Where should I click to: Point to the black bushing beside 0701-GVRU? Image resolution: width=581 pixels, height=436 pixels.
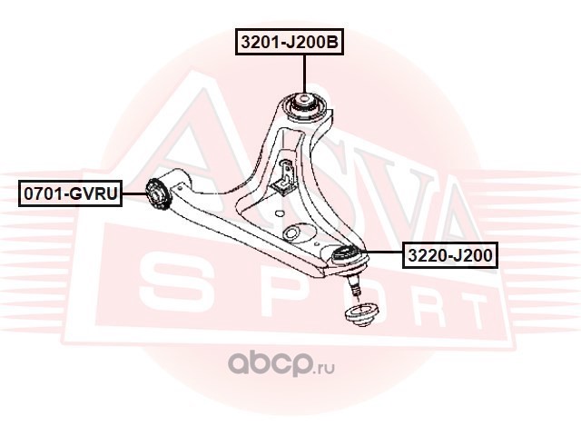(x=157, y=193)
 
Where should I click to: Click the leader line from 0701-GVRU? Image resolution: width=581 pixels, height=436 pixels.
(x=134, y=193)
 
